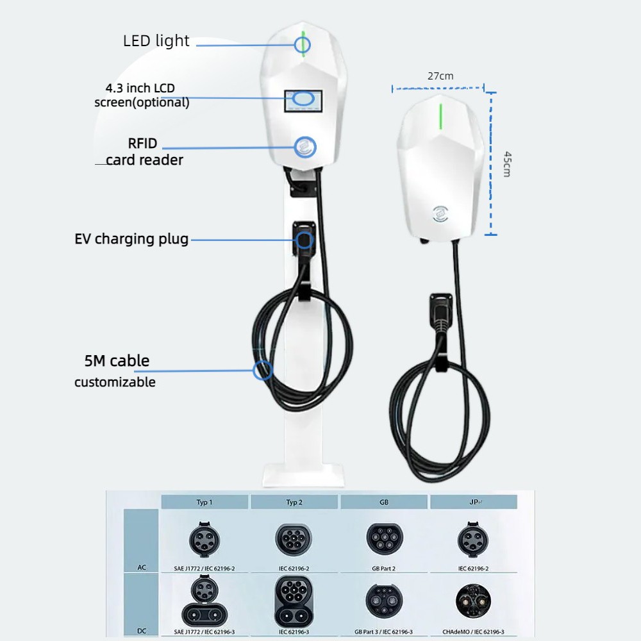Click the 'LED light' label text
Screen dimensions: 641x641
point(156,41)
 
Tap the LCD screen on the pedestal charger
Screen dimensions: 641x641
point(303,101)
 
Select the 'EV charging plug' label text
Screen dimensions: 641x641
point(131,239)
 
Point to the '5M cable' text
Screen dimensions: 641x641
point(117,360)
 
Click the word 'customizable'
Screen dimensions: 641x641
point(115,382)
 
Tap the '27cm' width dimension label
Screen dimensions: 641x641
point(440,76)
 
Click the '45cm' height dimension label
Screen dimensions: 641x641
point(507,164)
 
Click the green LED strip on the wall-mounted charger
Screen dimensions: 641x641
point(441,117)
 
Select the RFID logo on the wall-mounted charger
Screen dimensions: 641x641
point(440,214)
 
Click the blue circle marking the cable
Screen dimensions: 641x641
point(262,370)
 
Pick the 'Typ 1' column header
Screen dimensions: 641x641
point(204,502)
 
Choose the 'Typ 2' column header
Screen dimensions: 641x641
point(294,502)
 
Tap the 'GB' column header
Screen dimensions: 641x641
point(384,502)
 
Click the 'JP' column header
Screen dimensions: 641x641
point(474,502)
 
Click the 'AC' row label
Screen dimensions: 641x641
point(142,567)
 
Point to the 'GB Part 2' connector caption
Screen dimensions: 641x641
point(383,569)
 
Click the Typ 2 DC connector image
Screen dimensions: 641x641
point(294,601)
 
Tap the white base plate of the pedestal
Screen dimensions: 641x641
point(303,475)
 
